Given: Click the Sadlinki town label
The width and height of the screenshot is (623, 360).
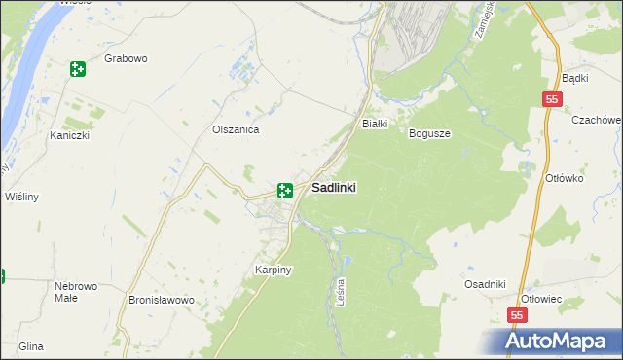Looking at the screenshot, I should pos(333,189).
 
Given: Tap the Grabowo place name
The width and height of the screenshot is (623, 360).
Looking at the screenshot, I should pos(126,59).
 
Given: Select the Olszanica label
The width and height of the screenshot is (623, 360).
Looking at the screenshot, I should pos(236,129).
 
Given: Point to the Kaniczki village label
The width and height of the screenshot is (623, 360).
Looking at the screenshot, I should pos(70,136).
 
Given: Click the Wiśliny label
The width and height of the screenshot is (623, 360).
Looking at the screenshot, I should pos(21,197).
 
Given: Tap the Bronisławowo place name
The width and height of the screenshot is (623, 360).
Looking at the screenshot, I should pos(163,301).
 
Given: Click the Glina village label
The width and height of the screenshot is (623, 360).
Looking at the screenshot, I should pos(30,346).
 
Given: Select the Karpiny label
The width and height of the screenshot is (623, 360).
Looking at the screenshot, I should pos(275,269).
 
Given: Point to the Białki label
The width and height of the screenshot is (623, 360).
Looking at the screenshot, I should pos(376,125).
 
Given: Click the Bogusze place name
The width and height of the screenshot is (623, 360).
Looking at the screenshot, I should pos(429,133).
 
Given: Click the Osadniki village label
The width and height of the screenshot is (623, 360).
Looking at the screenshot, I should pos(485,284).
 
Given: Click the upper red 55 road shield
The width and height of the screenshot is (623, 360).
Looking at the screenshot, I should pos(552,99).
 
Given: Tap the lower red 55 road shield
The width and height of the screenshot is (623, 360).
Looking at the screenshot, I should pos(519,316).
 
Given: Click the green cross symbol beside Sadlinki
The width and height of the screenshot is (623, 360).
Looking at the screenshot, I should pos(285,191).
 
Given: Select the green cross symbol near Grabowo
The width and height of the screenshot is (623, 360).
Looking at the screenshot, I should pos(78,69).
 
